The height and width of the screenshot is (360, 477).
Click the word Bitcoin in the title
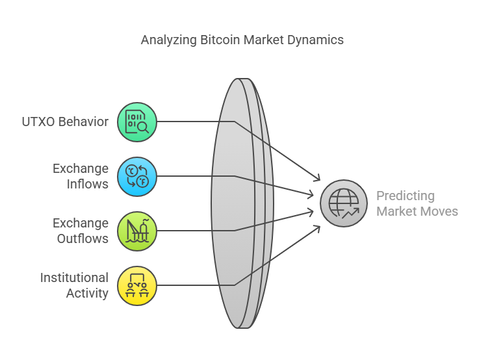click(x=220, y=40)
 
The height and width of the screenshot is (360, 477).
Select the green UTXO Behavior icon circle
click(x=137, y=122)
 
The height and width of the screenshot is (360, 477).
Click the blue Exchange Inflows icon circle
click(x=137, y=177)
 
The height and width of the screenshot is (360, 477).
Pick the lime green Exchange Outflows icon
click(x=137, y=231)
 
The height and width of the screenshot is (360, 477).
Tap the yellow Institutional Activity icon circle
click(x=137, y=286)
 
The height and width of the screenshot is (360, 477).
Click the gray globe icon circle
click(x=344, y=203)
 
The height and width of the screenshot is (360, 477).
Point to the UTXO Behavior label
click(x=65, y=122)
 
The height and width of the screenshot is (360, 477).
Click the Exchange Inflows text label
click(x=81, y=176)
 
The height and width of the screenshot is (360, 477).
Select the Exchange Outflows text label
click(x=81, y=231)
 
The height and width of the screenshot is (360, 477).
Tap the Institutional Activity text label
click(x=74, y=285)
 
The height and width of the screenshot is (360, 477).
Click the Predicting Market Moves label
click(x=417, y=203)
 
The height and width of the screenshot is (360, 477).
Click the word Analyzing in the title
click(x=169, y=40)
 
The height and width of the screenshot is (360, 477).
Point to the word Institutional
click(x=74, y=277)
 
